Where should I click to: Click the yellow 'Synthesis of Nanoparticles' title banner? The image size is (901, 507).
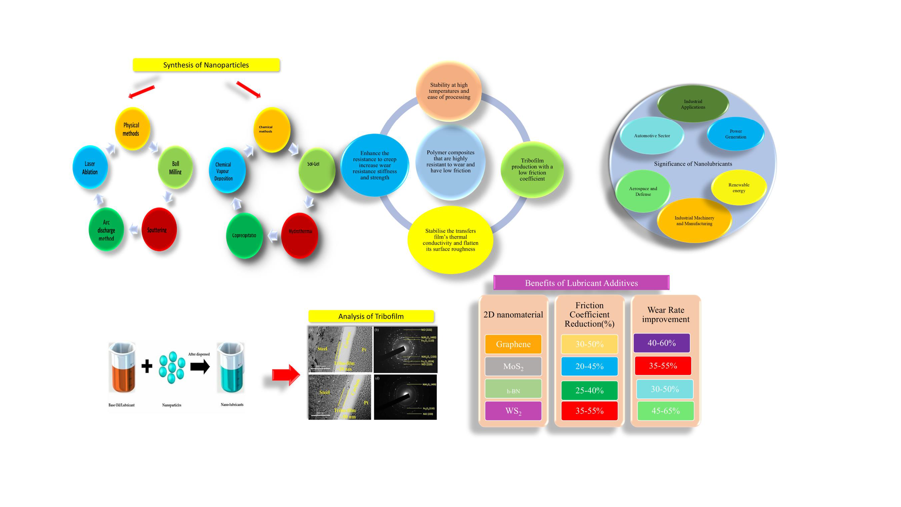click(206, 65)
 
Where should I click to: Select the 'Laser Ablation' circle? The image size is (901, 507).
click(90, 168)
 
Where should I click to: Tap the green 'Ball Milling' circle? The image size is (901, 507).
click(175, 168)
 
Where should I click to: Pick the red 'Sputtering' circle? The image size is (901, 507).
click(159, 230)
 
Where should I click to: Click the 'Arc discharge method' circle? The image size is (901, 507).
click(106, 230)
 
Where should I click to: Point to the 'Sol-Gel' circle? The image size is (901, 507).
click(316, 170)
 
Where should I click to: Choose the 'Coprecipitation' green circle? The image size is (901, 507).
click(244, 236)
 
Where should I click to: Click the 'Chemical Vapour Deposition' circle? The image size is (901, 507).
click(227, 170)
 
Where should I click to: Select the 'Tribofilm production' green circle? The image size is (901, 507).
click(532, 170)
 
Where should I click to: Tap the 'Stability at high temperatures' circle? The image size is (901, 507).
click(449, 91)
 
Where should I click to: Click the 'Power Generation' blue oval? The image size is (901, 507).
click(735, 134)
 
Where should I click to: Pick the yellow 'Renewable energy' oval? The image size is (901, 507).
click(739, 187)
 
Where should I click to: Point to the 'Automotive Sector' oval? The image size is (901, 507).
click(652, 136)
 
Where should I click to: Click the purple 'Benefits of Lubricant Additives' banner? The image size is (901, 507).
click(581, 283)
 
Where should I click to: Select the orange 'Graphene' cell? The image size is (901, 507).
click(513, 344)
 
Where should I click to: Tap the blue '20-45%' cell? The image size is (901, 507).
click(589, 366)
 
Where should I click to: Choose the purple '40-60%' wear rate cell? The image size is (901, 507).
click(662, 343)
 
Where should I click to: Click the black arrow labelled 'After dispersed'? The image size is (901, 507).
click(200, 366)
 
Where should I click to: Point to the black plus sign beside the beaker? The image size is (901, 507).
click(147, 366)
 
